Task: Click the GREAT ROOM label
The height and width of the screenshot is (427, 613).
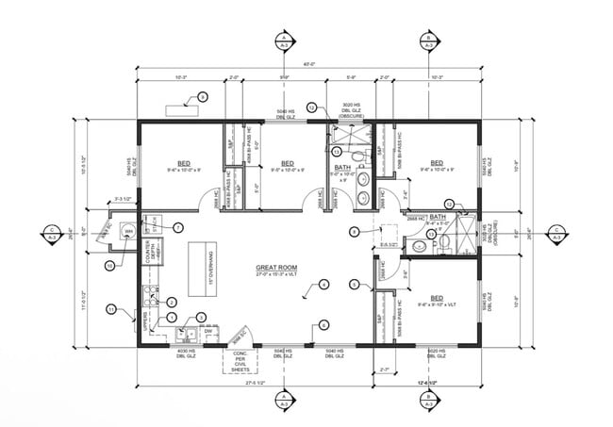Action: tap(276, 269)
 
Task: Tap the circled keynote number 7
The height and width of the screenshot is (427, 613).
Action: tap(176, 227)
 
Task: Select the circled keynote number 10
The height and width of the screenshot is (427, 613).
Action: tap(109, 267)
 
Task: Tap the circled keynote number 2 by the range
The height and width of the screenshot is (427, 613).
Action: tap(173, 301)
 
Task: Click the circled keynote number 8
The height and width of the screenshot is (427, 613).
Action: tap(354, 232)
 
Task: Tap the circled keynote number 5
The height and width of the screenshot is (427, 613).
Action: tap(354, 284)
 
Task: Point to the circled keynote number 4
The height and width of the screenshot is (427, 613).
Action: tap(323, 283)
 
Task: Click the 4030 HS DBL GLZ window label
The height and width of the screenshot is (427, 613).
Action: tap(187, 355)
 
